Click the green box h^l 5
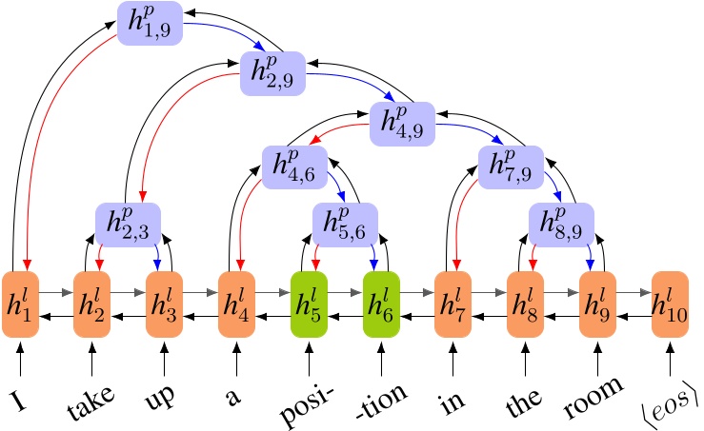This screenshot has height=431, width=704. coord(309,304)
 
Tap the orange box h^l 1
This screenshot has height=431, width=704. coord(19,304)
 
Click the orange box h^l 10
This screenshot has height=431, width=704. coord(670,304)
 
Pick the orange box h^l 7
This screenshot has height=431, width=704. coord(453,304)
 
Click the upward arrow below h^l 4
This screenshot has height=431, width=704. coord(236,361)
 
